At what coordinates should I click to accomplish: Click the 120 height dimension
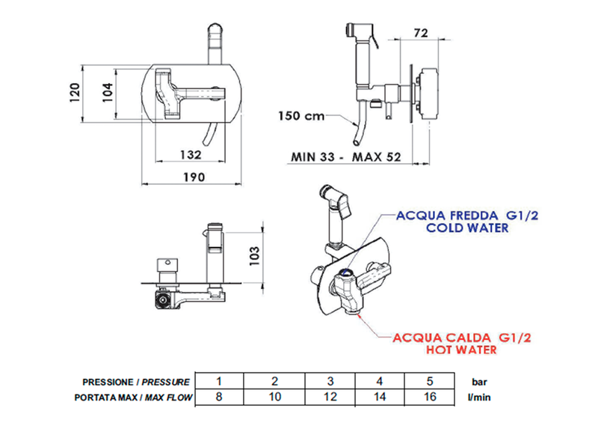pyautogui.click(x=73, y=92)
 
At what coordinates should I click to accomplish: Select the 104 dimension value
pyautogui.click(x=108, y=92)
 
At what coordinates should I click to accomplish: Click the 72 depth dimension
pyautogui.click(x=420, y=33)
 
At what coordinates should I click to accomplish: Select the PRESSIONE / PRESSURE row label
pyautogui.click(x=136, y=381)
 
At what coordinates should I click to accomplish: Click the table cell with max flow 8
pyautogui.click(x=219, y=396)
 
